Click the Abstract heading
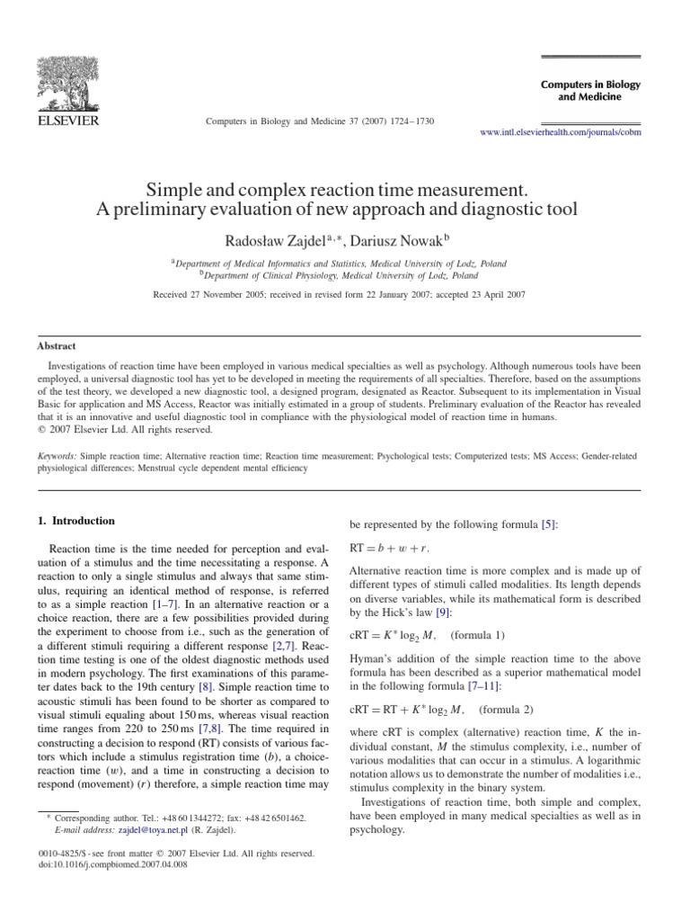pos(56,345)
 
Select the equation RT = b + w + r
pos(388,547)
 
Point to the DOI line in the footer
pos(108,863)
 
